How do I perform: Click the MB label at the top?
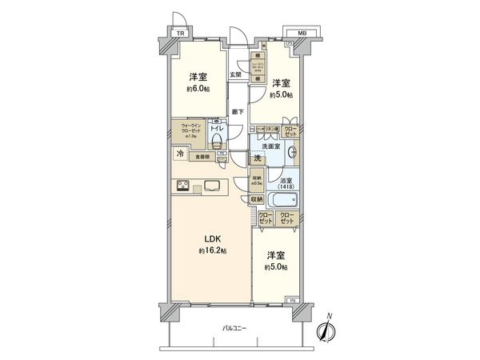tap(302, 33)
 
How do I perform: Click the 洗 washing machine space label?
tap(258, 158)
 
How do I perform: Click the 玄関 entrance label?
tap(235, 75)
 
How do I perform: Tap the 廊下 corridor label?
tap(238, 110)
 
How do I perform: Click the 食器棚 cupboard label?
tap(204, 158)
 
